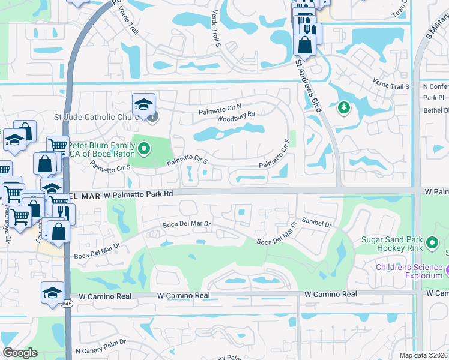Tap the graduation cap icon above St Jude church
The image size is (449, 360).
[144, 105]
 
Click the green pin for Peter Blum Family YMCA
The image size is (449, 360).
[144, 146]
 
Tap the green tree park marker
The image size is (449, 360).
[343, 108]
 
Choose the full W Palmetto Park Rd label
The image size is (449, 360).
[137, 194]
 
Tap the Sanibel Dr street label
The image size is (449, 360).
[317, 222]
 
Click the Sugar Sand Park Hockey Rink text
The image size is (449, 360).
[391, 244]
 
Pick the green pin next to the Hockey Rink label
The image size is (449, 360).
[433, 244]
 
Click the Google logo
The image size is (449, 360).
[19, 353]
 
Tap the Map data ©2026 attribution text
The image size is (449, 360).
[424, 355]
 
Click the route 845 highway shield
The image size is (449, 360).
[67, 304]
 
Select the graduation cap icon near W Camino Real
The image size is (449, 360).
[52, 292]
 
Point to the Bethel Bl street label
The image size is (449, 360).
[436, 110]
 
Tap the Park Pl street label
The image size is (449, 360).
[433, 97]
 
